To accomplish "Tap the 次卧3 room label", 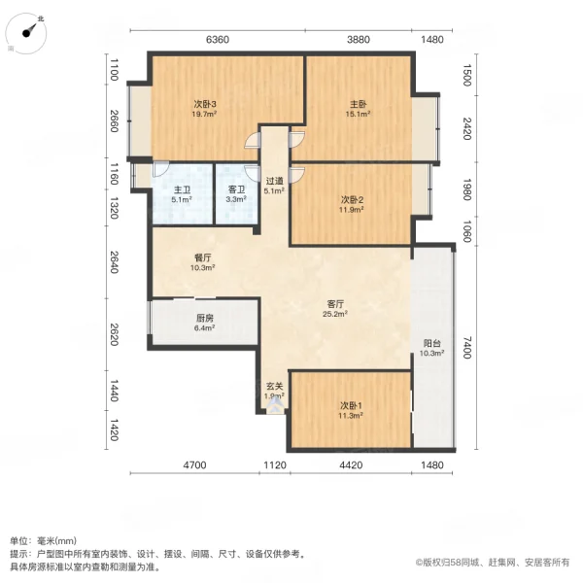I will click(203, 105).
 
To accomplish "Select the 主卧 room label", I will click(358, 105).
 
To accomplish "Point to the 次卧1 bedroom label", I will click(351, 405).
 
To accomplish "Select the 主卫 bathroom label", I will click(182, 190).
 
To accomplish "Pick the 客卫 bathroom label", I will click(235, 190).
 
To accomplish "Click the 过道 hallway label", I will click(275, 182).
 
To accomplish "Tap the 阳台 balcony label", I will click(433, 343).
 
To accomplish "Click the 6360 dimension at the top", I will click(218, 40).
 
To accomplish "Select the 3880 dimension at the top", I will click(358, 40).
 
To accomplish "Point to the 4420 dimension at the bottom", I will click(351, 465).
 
